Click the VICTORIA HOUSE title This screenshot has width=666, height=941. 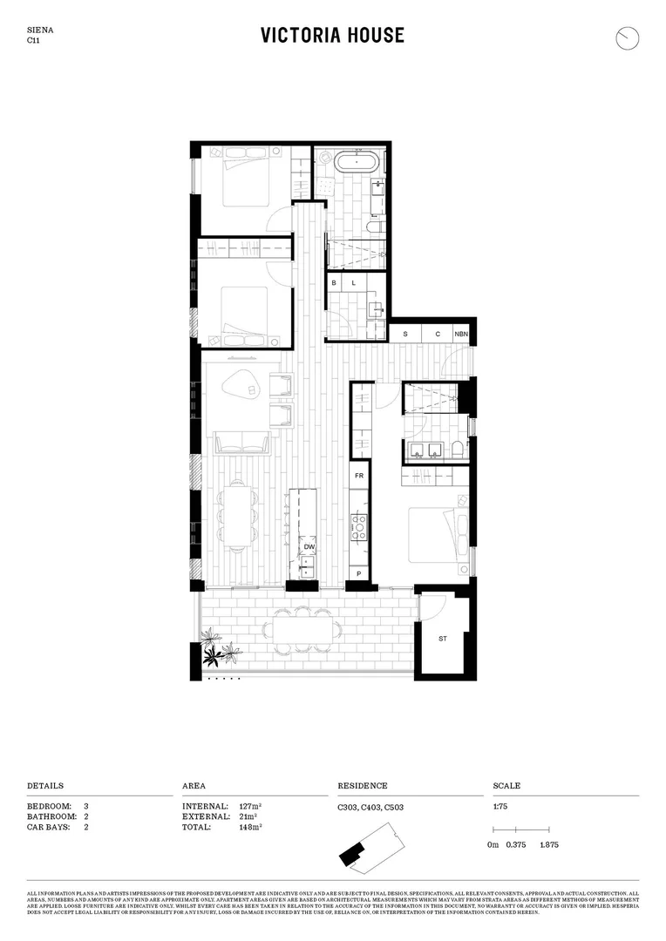(332, 35)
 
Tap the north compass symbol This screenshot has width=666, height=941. (627, 38)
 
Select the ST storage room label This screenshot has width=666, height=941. (443, 639)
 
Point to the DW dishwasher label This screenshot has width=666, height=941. (309, 547)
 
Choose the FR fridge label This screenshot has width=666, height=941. (357, 477)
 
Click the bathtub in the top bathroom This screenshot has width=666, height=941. (356, 163)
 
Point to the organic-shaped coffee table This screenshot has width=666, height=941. (241, 384)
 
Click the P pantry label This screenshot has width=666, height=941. (358, 575)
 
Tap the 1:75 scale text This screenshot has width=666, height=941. (500, 807)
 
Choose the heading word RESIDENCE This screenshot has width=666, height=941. (363, 786)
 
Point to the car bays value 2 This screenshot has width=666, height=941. (86, 827)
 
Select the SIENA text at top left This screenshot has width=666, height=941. (39, 30)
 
